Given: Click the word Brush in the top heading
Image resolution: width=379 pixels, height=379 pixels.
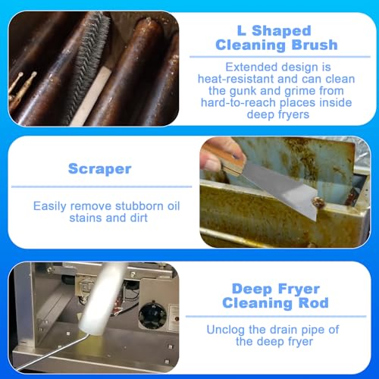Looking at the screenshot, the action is (315, 45).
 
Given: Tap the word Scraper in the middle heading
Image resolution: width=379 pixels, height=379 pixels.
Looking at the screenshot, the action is (100, 169).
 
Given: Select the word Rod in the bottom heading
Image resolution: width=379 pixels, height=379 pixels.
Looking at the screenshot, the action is (314, 302).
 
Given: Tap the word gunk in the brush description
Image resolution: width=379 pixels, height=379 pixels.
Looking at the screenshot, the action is (243, 91).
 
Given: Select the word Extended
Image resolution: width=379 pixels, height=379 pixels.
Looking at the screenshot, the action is (252, 67).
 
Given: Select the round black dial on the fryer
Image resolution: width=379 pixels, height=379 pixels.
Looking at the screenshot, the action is (152, 316).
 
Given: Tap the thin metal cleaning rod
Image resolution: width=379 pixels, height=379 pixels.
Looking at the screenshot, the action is (52, 352).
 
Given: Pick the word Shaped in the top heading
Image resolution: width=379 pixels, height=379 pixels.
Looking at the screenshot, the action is (281, 31).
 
